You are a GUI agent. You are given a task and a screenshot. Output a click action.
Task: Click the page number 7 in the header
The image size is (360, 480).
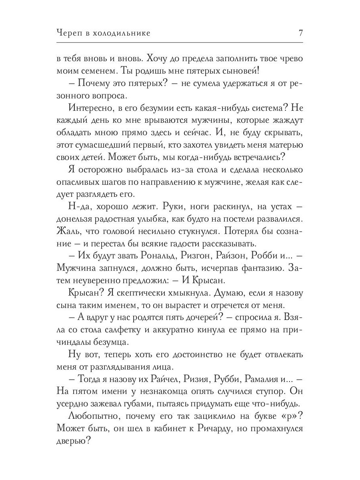point(300,33)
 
